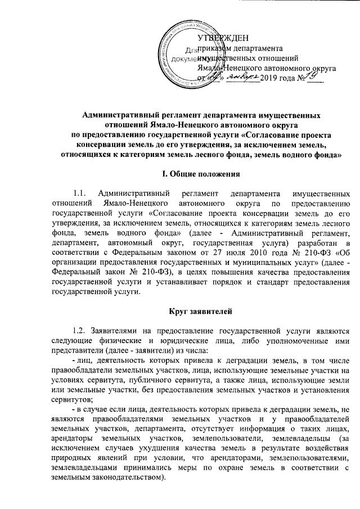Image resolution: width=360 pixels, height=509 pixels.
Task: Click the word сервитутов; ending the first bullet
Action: coord(71,393)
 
